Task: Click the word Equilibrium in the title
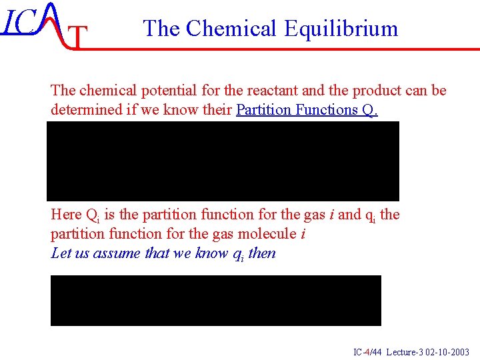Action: (x=341, y=29)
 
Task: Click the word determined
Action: (x=85, y=110)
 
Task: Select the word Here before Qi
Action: (x=66, y=215)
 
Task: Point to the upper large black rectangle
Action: (x=223, y=161)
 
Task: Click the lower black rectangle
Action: (x=216, y=301)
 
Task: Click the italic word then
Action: (x=261, y=253)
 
